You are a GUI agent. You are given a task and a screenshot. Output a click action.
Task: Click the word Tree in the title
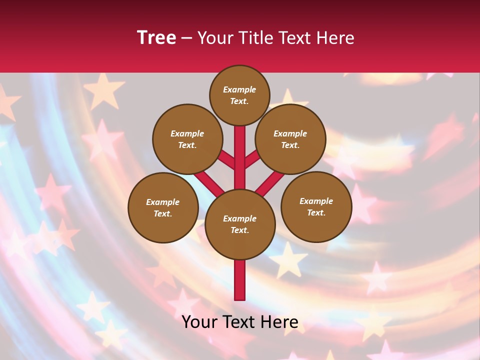coord(156,38)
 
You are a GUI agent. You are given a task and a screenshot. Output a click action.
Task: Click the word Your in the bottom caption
coord(198,322)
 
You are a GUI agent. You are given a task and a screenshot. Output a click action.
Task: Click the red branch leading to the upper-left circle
coord(227,161)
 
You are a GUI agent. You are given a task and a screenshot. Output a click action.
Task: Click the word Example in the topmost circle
coord(239,90)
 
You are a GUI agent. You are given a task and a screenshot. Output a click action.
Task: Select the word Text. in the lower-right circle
coord(316,213)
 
